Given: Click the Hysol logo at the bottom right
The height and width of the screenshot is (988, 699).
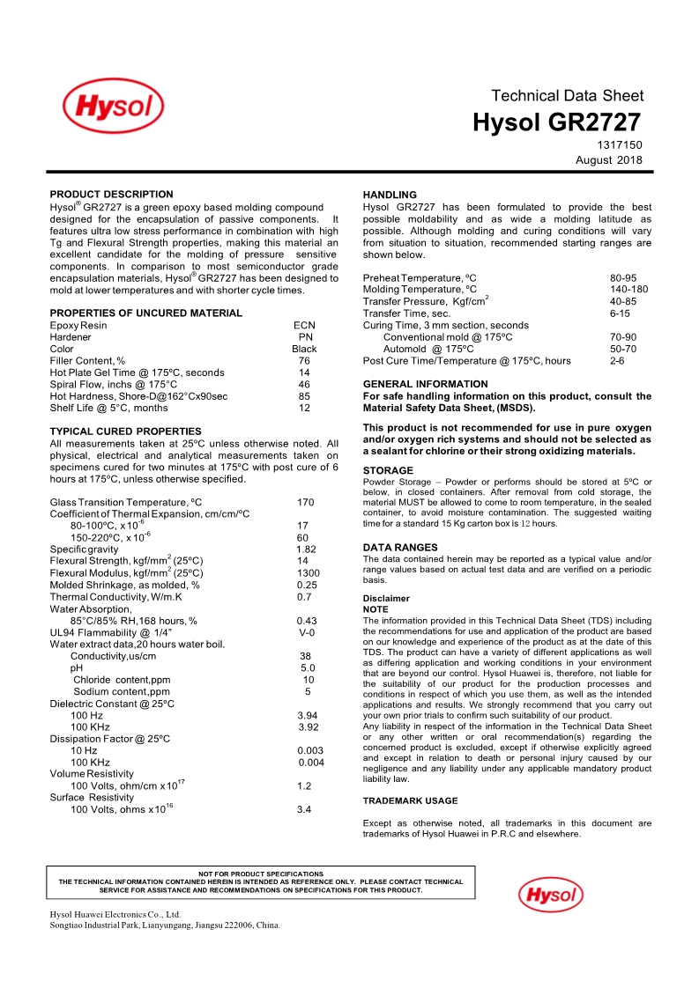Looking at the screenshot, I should pyautogui.click(x=550, y=896).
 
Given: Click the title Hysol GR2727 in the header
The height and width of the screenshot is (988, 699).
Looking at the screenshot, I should pyautogui.click(x=556, y=122).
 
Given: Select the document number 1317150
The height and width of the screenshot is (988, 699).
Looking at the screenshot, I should pyautogui.click(x=622, y=144).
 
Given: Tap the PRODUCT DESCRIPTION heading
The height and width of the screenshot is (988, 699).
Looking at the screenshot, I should pyautogui.click(x=111, y=194).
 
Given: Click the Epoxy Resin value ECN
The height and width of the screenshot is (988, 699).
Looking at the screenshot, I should pyautogui.click(x=304, y=325).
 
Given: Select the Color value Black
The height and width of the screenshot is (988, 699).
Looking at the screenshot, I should pyautogui.click(x=304, y=349).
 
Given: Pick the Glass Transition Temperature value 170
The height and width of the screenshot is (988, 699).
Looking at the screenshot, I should pyautogui.click(x=305, y=502).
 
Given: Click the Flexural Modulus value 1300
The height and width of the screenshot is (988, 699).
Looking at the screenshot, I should pyautogui.click(x=309, y=572).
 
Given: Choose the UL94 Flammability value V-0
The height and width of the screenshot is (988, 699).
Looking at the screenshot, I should pyautogui.click(x=307, y=632).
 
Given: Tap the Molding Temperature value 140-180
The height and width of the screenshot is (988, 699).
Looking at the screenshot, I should pyautogui.click(x=628, y=289).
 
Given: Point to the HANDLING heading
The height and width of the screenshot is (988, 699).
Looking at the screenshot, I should pyautogui.click(x=390, y=195).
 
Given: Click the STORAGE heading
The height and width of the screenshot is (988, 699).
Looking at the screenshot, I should pyautogui.click(x=388, y=470).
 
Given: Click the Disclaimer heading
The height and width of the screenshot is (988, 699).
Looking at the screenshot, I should pyautogui.click(x=386, y=598).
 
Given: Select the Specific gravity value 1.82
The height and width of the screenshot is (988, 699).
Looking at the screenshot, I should pyautogui.click(x=306, y=549).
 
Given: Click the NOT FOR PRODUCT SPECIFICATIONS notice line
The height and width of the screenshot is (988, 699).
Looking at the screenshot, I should pyautogui.click(x=261, y=874).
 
